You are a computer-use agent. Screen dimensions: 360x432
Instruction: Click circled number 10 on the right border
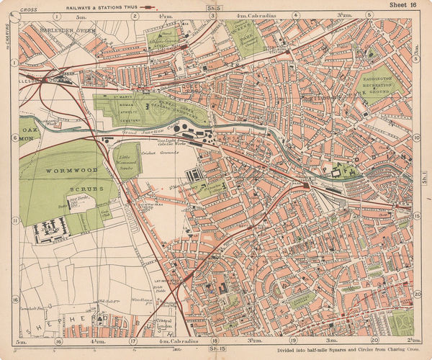pos(417,138)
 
